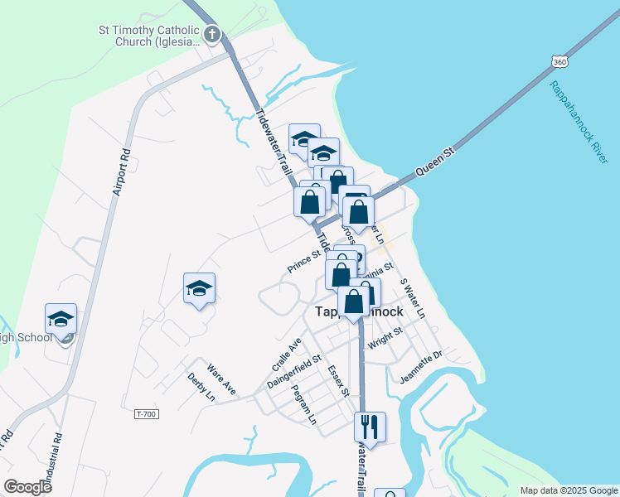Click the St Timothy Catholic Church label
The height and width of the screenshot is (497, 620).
tap(149, 36)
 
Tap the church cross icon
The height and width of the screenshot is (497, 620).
tap(212, 35)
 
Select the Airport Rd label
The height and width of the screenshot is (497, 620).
tap(119, 171)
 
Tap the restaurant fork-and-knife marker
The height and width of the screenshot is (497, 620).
tap(369, 427)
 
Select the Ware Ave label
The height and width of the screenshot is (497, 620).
tap(221, 377)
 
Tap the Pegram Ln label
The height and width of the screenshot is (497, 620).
tap(305, 406)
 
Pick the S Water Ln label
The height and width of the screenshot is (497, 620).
tap(412, 298)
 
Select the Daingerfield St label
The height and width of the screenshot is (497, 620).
tap(294, 373)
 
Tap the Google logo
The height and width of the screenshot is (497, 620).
tap(27, 487)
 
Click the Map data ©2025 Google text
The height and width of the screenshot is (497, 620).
tap(568, 490)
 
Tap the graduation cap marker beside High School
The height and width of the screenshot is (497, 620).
tap(61, 318)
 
